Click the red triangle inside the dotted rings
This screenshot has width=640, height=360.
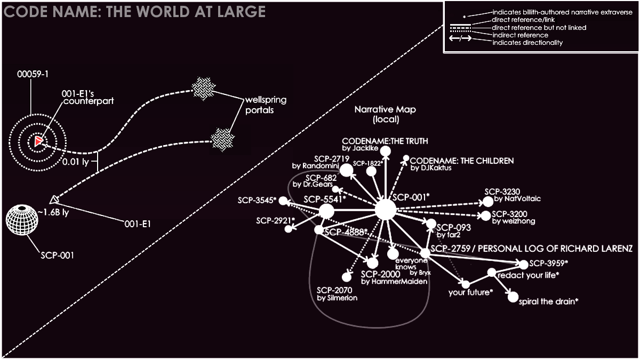[x=38, y=141]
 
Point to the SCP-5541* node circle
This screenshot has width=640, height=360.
[x=326, y=212]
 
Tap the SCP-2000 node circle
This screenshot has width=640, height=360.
[x=372, y=262]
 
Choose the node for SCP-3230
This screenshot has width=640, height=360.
[x=487, y=202]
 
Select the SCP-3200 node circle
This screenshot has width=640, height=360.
[x=485, y=216]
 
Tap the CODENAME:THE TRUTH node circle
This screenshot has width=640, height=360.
[x=386, y=153]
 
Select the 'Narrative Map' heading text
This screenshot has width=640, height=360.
[x=385, y=110]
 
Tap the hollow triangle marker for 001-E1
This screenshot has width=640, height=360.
[x=53, y=199]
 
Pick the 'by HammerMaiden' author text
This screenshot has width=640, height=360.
[x=394, y=282]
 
